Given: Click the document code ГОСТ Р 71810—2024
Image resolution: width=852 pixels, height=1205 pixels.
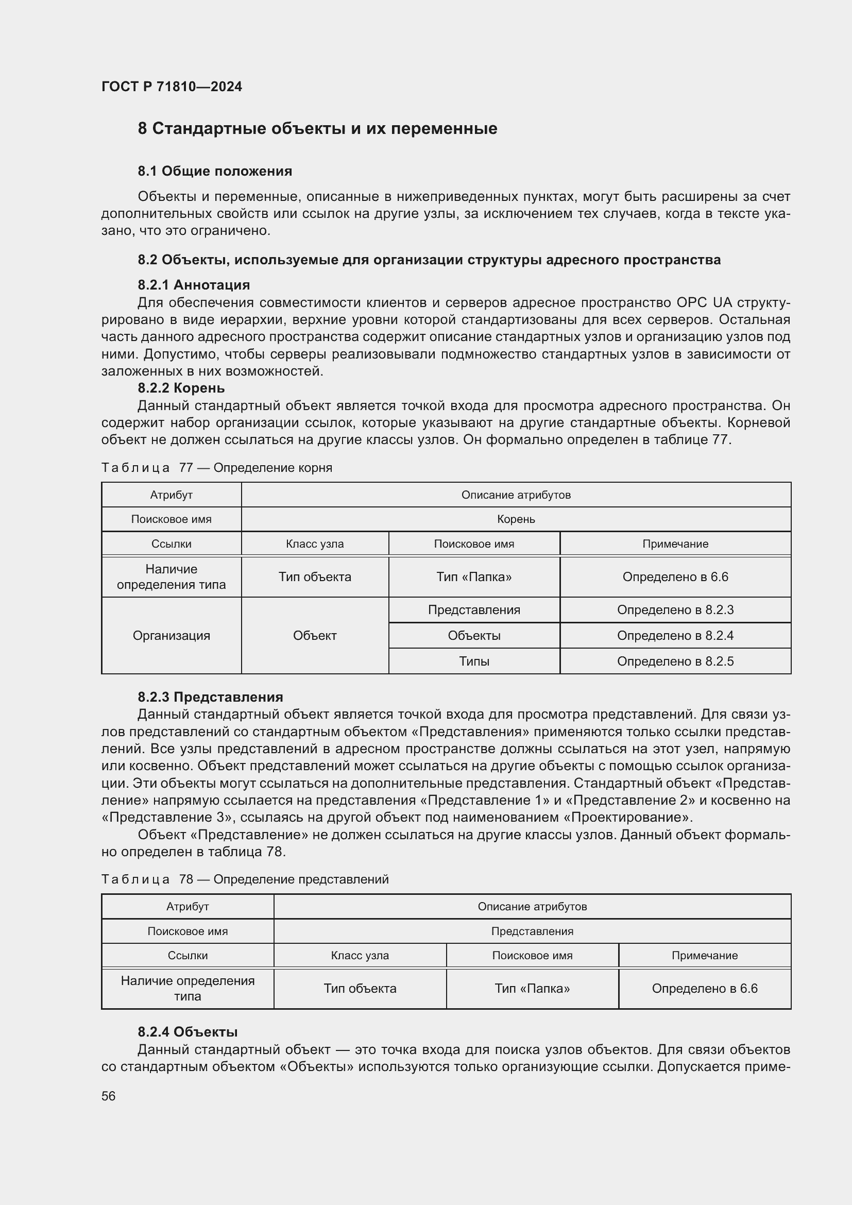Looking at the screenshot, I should (172, 87).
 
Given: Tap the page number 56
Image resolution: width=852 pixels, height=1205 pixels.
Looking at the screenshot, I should (108, 1096).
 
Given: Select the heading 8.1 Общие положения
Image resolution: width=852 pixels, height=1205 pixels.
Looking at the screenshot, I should (215, 171).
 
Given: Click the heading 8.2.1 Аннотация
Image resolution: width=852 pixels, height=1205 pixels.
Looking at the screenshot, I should (194, 285).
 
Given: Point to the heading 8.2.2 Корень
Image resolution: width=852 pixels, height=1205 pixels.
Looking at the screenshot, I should (181, 388).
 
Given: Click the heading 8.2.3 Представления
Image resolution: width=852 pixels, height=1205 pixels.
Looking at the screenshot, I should (210, 697).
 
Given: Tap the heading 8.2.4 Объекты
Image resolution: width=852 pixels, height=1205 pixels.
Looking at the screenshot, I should (188, 1032).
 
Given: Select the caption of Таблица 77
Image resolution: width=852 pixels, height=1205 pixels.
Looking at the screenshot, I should (217, 468).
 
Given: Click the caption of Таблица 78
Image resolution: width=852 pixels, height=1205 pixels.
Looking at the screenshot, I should (245, 879).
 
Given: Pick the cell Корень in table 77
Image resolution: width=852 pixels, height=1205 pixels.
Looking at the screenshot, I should (516, 519).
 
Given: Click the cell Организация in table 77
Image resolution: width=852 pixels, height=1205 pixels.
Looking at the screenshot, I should (171, 636).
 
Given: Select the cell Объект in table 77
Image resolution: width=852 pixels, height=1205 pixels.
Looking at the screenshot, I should (315, 636).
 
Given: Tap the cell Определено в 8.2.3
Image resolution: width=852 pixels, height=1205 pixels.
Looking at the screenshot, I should (675, 610).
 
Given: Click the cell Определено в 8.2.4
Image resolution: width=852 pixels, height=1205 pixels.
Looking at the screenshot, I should (675, 636).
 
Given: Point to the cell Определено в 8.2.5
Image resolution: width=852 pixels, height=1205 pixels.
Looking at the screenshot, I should (675, 661).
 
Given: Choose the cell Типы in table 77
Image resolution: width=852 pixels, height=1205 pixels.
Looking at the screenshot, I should (474, 661).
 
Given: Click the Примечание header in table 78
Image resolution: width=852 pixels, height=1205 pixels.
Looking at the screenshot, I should (704, 955).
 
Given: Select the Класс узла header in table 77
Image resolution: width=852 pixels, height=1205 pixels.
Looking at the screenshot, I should (315, 544).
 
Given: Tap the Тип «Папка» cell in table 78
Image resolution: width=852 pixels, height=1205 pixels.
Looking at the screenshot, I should (532, 988).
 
